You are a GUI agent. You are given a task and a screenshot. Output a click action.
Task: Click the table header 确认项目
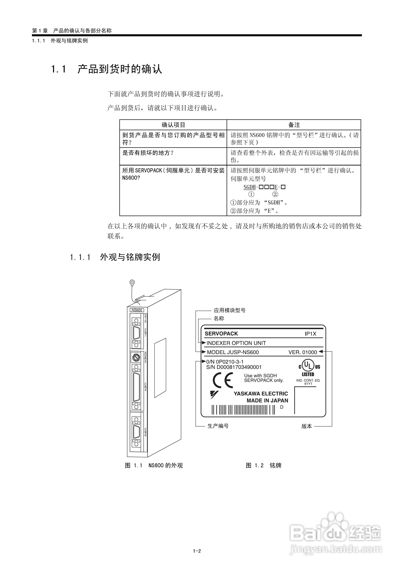tap(173, 125)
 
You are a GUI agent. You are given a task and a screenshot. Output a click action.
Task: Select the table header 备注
tap(294, 125)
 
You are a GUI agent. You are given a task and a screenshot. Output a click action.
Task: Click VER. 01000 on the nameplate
tap(302, 352)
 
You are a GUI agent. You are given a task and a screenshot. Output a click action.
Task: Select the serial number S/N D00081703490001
tap(234, 367)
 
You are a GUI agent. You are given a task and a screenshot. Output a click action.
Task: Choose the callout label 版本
tap(307, 426)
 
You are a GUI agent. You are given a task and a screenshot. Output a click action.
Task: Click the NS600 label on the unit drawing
tap(137, 310)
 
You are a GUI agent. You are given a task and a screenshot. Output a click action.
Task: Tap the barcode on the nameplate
tap(243, 410)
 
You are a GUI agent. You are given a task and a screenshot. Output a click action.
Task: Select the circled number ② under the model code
tap(275, 194)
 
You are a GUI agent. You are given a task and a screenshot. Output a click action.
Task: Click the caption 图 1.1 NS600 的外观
tap(154, 466)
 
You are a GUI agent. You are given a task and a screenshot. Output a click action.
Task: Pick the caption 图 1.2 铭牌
tap(263, 466)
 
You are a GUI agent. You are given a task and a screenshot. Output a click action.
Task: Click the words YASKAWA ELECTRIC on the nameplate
tap(261, 394)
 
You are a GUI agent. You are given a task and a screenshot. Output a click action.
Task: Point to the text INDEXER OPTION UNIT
tap(236, 343)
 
